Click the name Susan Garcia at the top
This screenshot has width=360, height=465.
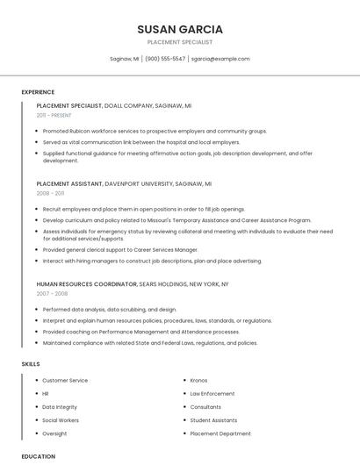pos(180,29)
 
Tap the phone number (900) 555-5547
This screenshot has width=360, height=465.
pos(165,59)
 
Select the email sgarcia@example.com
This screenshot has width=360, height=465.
pos(220,59)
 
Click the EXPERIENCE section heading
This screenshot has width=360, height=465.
pos(38,92)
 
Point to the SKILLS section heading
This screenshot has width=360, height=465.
pos(31,363)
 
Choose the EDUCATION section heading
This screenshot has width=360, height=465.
pos(38,456)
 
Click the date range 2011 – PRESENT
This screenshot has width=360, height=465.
pos(54,115)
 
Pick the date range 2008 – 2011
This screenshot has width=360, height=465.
pos(50,193)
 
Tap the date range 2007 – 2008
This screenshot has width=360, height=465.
pos(50,294)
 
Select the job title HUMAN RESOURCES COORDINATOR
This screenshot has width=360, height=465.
pos(86,284)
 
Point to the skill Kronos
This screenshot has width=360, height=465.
pos(198,381)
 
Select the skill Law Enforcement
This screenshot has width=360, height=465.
pos(212,394)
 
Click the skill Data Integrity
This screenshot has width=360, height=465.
pos(60,407)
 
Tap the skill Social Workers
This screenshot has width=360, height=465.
pos(61,420)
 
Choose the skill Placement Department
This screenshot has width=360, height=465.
pos(220,433)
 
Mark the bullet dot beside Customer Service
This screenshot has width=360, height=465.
pos(35,381)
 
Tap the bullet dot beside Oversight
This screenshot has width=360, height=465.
pos(35,433)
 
